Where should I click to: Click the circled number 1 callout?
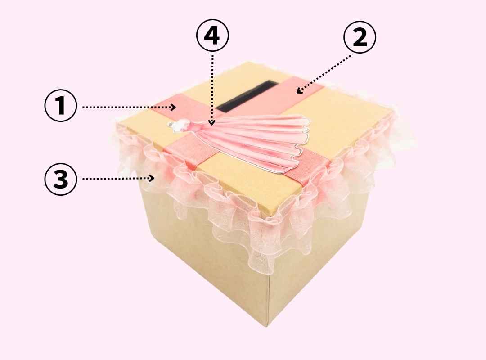pyautogui.click(x=60, y=105)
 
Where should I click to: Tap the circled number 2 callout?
pyautogui.click(x=360, y=37)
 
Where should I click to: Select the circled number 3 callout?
pyautogui.click(x=60, y=179)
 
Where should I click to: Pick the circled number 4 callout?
pyautogui.click(x=212, y=36)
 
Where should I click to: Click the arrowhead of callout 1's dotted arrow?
pyautogui.click(x=174, y=107)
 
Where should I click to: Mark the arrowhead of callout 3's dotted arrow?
pyautogui.click(x=152, y=178)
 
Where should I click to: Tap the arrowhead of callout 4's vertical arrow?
pyautogui.click(x=212, y=123)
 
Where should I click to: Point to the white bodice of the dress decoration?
pyautogui.click(x=179, y=126)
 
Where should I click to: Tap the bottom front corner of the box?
pyautogui.click(x=267, y=326)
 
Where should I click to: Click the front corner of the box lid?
pyautogui.click(x=273, y=213)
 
